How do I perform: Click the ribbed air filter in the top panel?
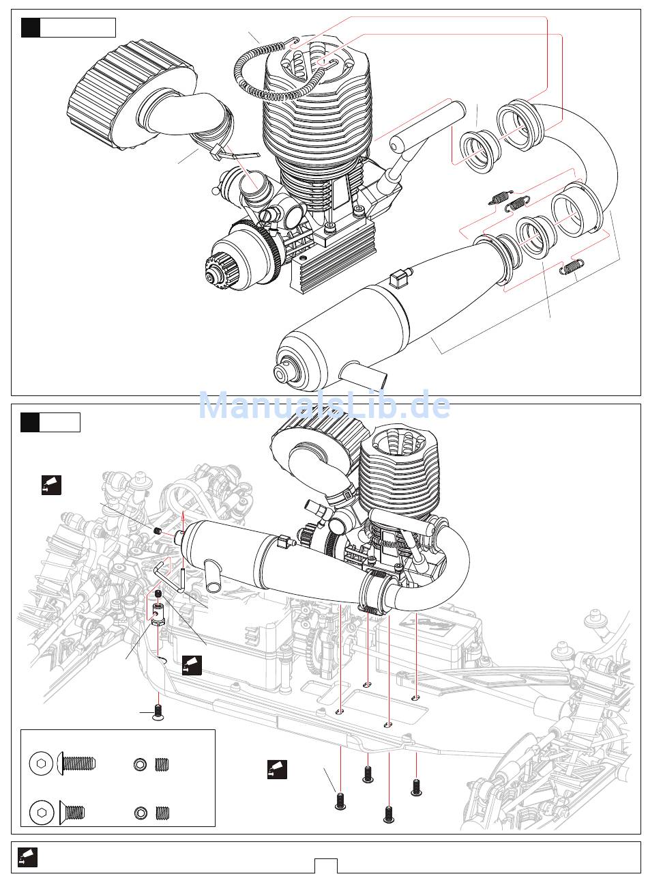132,96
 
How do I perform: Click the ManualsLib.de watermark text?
325,405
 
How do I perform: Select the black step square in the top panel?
30,27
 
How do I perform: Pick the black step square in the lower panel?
30,422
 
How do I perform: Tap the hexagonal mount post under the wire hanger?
158,615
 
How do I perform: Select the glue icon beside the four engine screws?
278,770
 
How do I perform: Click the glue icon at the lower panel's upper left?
52,485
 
